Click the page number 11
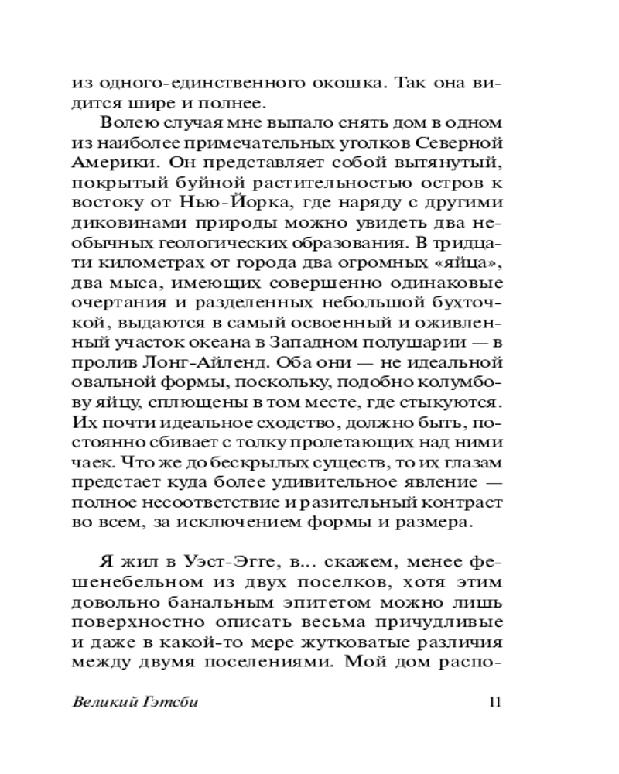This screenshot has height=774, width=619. (x=495, y=703)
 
